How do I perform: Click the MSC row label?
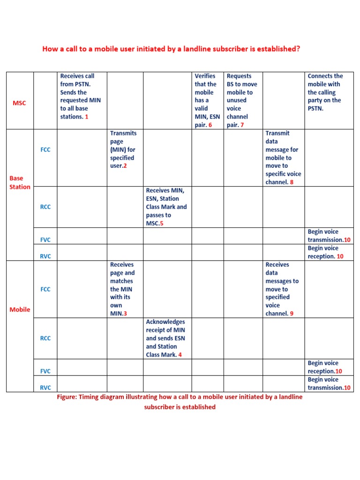pyautogui.click(x=19, y=103)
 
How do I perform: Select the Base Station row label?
pyautogui.click(x=20, y=182)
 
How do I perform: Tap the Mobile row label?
pyautogui.click(x=20, y=309)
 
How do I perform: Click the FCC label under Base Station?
pyautogui.click(x=45, y=150)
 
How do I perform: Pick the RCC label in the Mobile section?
pyautogui.click(x=45, y=338)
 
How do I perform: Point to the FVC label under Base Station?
pyautogui.click(x=45, y=240)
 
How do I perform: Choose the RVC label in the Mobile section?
pyautogui.click(x=45, y=388)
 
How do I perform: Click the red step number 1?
pyautogui.click(x=86, y=117)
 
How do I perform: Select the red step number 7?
pyautogui.click(x=242, y=125)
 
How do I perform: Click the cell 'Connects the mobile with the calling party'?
pyautogui.click(x=325, y=92)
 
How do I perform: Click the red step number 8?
pyautogui.click(x=292, y=182)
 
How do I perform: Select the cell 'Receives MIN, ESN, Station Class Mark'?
pyautogui.click(x=166, y=207)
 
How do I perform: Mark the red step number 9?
pyautogui.click(x=292, y=314)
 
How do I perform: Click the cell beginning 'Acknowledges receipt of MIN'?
pyautogui.click(x=165, y=338)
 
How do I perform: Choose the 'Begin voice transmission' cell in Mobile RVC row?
pyautogui.click(x=329, y=383)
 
